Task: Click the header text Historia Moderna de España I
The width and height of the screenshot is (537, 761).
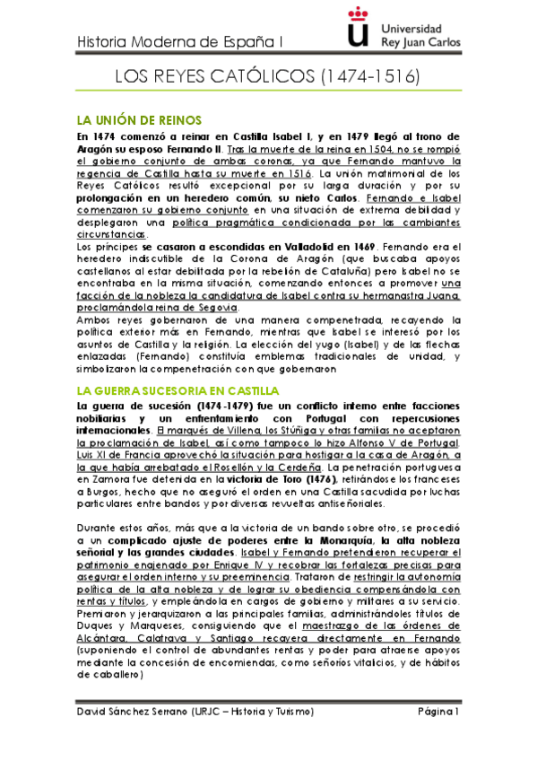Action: point(179,41)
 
